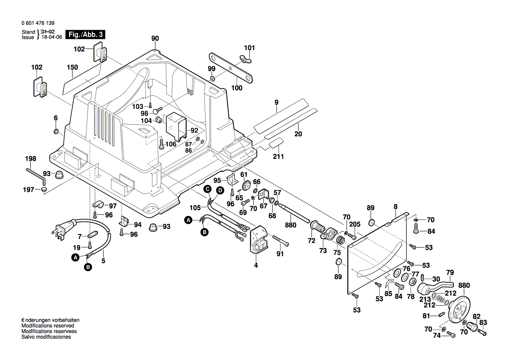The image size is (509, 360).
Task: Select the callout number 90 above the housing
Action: (155, 38)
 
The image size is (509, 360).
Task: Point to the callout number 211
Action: (278, 156)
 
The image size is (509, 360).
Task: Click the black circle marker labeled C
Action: (208, 189)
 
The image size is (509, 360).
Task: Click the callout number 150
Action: (72, 68)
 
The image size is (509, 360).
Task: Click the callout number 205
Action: (355, 224)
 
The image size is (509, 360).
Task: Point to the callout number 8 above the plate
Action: (395, 207)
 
